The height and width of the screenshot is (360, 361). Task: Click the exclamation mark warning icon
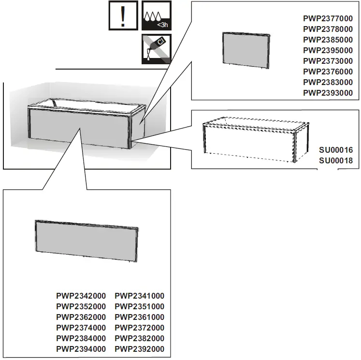123,16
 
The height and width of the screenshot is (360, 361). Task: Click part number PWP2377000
328,19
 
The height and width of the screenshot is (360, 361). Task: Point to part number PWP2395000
328,51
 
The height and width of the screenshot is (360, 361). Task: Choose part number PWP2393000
328,93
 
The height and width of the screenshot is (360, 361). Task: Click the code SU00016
336,151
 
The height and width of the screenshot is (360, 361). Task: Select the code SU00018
336,161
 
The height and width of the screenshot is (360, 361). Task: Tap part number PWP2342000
81,296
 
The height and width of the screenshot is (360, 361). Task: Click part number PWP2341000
139,296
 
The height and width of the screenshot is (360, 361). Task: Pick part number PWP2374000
81,328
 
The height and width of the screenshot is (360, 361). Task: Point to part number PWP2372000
139,328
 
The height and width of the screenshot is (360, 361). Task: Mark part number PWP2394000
81,349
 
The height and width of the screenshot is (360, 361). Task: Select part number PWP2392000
139,349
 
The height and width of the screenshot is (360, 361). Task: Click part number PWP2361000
139,317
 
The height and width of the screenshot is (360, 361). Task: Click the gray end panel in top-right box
245,49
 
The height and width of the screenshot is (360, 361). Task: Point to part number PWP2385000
328,40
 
